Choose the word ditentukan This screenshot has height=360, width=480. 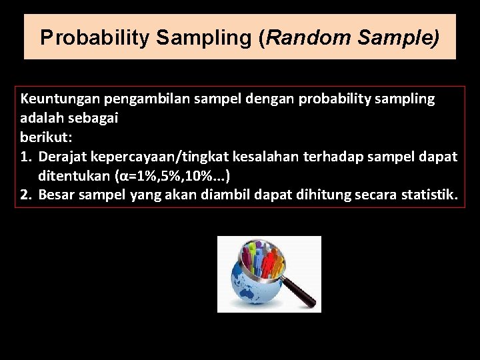tap(74, 176)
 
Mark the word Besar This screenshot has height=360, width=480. tap(56, 195)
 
